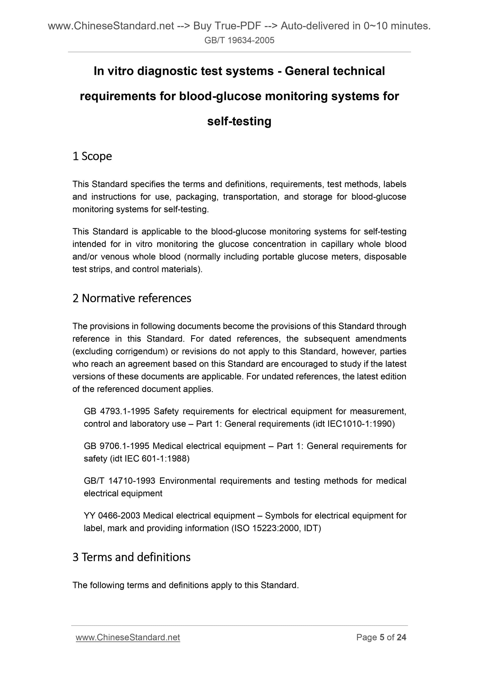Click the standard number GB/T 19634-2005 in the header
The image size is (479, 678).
(x=239, y=40)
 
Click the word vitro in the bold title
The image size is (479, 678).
(x=120, y=71)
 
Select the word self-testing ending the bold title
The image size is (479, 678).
(x=239, y=121)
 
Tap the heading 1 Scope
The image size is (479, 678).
(x=92, y=156)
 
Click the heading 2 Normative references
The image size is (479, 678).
(x=132, y=298)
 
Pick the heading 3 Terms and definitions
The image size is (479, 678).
(x=131, y=557)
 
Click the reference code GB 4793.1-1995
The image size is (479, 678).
(x=117, y=411)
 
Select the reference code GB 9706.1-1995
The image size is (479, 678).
(x=117, y=446)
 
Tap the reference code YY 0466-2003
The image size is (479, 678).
(x=112, y=516)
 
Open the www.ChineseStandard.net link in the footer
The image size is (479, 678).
(x=128, y=638)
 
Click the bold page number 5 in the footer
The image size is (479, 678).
(x=382, y=637)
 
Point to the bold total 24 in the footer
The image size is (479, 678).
(x=401, y=637)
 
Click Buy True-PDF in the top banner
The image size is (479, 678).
(x=227, y=26)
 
